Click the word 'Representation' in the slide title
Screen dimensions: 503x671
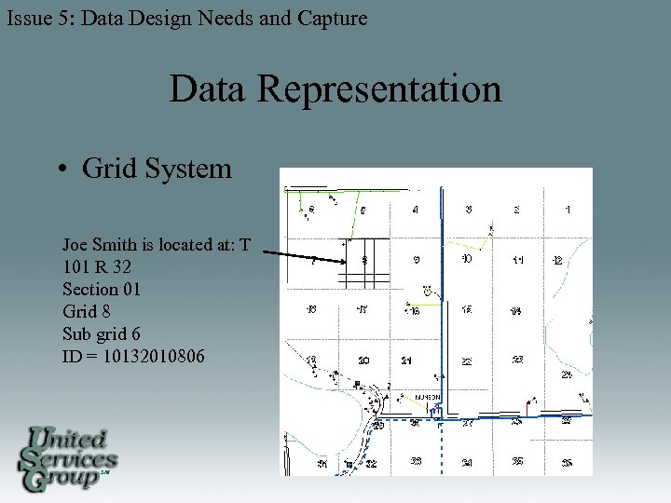pyautogui.click(x=378, y=90)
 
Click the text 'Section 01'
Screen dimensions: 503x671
pyautogui.click(x=102, y=290)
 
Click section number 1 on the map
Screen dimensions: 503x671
pyautogui.click(x=568, y=211)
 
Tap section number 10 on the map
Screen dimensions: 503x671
pyautogui.click(x=467, y=259)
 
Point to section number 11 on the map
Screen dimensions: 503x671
pyautogui.click(x=517, y=260)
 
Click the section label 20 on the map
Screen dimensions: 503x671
pyautogui.click(x=364, y=360)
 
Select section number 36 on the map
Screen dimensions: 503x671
pyautogui.click(x=567, y=463)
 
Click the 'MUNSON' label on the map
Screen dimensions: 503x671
pyautogui.click(x=428, y=396)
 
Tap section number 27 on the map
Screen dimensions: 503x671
pyautogui.click(x=467, y=424)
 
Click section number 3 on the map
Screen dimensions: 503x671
pyautogui.click(x=468, y=210)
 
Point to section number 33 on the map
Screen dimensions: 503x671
pyautogui.click(x=416, y=461)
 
